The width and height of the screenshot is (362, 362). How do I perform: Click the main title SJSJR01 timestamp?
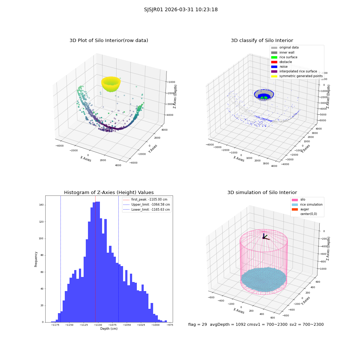pyautogui.click(x=181, y=9)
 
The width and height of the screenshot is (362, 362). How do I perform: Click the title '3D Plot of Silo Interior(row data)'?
pyautogui.click(x=109, y=41)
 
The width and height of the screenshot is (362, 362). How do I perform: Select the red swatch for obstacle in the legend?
pyautogui.click(x=274, y=62)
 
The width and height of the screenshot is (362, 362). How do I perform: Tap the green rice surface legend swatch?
pyautogui.click(x=274, y=57)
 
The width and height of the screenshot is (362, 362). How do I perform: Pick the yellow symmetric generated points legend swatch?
pyautogui.click(x=274, y=76)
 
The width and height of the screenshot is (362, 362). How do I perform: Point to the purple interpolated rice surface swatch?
pyautogui.click(x=274, y=71)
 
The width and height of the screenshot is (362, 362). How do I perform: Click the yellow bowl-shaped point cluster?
pyautogui.click(x=111, y=84)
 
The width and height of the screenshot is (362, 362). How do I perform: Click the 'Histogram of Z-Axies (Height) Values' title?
pyautogui.click(x=109, y=192)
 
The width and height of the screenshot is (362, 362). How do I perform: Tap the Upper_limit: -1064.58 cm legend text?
pyautogui.click(x=151, y=205)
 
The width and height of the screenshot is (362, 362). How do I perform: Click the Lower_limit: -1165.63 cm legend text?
pyautogui.click(x=151, y=210)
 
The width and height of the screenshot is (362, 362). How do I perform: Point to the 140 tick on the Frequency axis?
pyautogui.click(x=41, y=205)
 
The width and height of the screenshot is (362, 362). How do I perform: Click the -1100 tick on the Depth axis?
pyautogui.click(x=98, y=325)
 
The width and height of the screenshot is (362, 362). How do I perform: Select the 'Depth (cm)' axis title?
pyautogui.click(x=109, y=329)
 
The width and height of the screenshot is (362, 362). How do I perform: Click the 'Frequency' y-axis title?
pyautogui.click(x=36, y=259)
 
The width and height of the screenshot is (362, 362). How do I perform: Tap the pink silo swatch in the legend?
pyautogui.click(x=295, y=200)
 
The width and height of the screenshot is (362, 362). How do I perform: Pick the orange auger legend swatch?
pyautogui.click(x=295, y=209)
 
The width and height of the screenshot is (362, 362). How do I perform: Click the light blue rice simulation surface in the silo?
pyautogui.click(x=264, y=279)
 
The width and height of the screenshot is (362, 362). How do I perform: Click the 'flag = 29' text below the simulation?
pyautogui.click(x=197, y=324)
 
